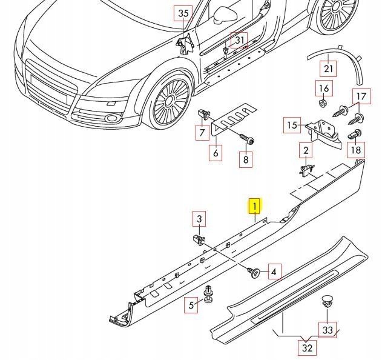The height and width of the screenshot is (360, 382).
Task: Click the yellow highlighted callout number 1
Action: point(255,207)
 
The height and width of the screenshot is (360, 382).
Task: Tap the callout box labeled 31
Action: point(240,41)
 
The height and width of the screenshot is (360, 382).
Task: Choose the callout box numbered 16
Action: point(324,89)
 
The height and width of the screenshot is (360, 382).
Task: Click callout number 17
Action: point(361,96)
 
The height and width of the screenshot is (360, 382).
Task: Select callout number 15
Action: point(292,125)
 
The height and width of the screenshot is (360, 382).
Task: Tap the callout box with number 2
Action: point(306,150)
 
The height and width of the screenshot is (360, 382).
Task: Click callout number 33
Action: point(328,330)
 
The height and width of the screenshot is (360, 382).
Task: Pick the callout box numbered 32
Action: point(307,348)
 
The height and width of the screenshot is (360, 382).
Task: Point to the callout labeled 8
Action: point(245,159)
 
